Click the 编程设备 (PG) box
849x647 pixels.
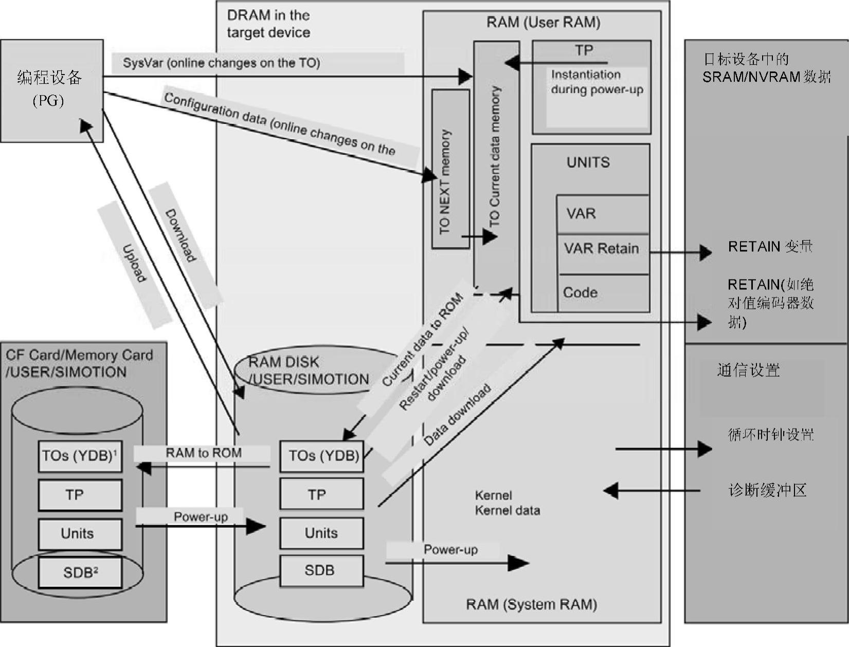coord(51,90)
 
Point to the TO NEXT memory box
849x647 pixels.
coord(450,169)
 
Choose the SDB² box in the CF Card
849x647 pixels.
coord(80,572)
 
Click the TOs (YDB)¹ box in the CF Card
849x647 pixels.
coord(80,456)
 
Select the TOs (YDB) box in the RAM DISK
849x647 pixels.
coord(322,456)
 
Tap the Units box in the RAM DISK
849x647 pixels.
coord(322,533)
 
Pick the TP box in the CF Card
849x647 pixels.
coord(80,495)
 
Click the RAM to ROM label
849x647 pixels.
coord(203,453)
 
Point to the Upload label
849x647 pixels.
coord(134,263)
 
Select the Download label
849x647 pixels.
coord(180,235)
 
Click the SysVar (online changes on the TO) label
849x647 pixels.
coord(221,63)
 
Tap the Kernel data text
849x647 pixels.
coord(507,510)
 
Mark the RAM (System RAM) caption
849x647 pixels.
coord(531,604)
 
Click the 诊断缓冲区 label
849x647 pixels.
coord(767,490)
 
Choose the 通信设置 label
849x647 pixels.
coord(748,370)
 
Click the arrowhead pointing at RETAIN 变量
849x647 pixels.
coord(706,252)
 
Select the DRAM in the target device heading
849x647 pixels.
coord(268,24)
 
